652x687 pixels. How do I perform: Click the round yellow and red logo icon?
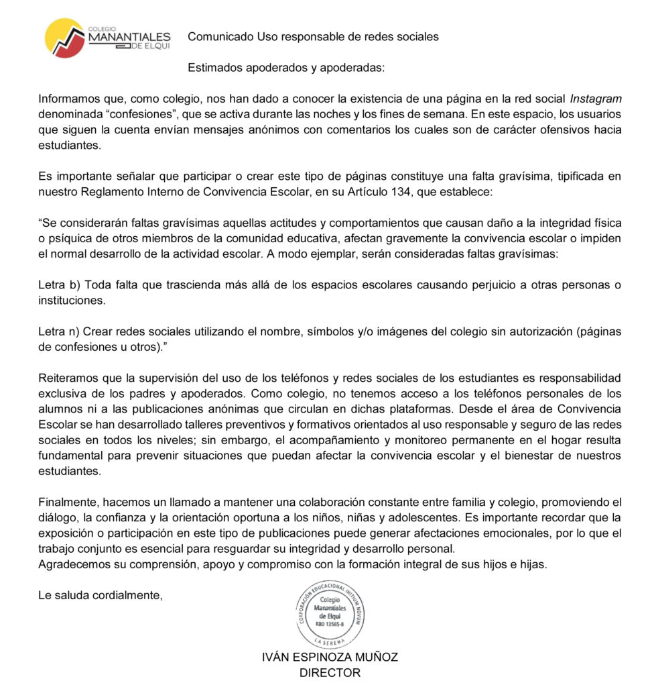pyautogui.click(x=65, y=38)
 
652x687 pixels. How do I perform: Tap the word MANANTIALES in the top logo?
pyautogui.click(x=129, y=38)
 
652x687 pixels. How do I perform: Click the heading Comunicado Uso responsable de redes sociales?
pyautogui.click(x=313, y=37)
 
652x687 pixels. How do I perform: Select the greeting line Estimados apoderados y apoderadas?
pyautogui.click(x=286, y=68)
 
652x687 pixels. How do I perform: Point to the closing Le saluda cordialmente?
pyautogui.click(x=101, y=594)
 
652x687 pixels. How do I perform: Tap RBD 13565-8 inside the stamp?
pyautogui.click(x=329, y=625)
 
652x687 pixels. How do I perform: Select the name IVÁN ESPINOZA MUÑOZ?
pyautogui.click(x=330, y=657)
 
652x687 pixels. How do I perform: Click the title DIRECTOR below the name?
pyautogui.click(x=330, y=673)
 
